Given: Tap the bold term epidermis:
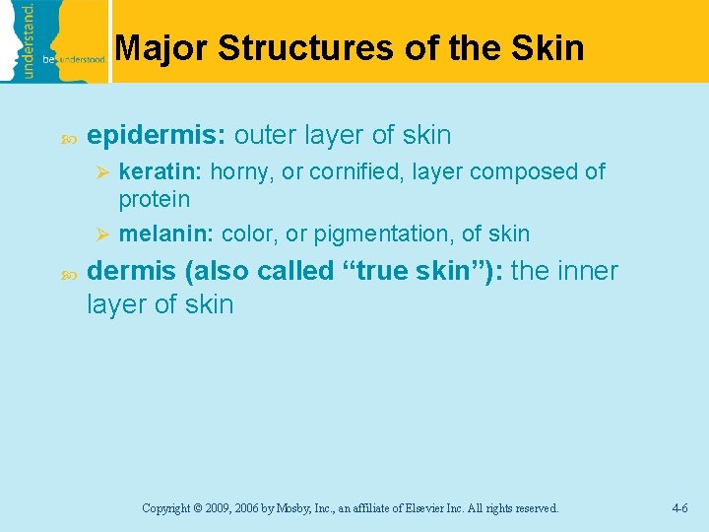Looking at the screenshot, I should tap(157, 135).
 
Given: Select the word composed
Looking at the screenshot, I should tap(525, 171).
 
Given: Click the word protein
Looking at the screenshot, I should tap(154, 199).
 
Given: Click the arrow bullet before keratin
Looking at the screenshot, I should tap(99, 172).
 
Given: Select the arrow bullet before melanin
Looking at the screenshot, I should tap(99, 234).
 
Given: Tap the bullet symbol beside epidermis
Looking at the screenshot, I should tap(67, 136).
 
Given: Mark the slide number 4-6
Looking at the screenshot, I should tap(679, 508).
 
